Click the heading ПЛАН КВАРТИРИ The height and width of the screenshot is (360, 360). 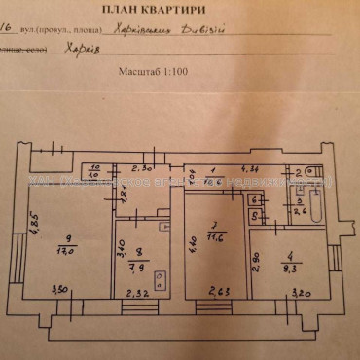180,11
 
